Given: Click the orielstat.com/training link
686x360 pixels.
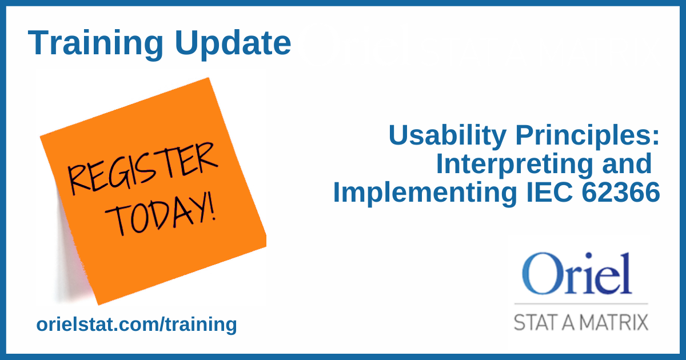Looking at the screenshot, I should tap(137, 325).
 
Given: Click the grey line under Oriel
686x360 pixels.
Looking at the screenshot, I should tap(581, 303).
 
